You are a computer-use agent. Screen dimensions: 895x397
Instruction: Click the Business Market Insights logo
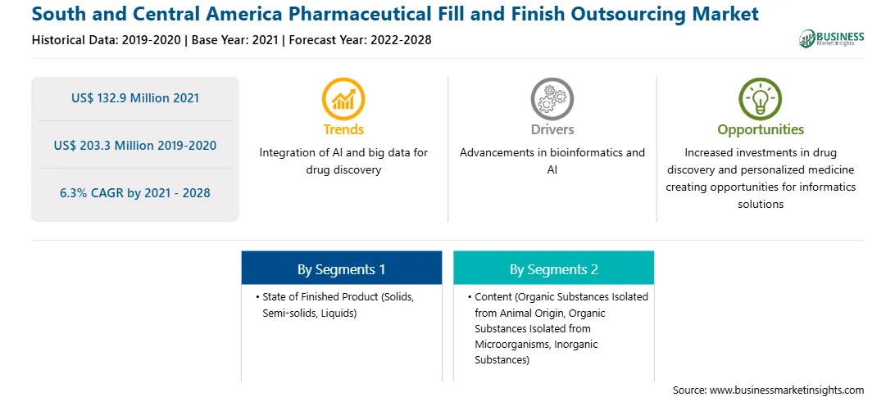(831, 38)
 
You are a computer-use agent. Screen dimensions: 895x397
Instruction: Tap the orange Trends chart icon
(343, 99)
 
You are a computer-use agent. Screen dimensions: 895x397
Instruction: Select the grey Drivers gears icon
(552, 99)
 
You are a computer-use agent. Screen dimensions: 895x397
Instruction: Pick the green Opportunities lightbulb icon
(761, 99)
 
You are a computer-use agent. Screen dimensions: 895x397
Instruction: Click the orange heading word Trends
(343, 129)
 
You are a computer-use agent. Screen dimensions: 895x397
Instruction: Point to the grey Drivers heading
(552, 129)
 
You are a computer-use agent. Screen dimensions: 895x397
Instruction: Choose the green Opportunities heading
(761, 130)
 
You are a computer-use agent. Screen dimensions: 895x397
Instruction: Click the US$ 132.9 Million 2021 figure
(135, 97)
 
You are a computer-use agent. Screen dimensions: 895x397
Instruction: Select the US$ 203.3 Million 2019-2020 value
(135, 146)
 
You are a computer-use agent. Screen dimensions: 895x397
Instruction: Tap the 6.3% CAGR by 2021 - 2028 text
(135, 193)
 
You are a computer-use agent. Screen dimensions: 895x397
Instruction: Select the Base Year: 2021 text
(234, 40)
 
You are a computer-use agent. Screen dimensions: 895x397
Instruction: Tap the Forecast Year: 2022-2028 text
(358, 40)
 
